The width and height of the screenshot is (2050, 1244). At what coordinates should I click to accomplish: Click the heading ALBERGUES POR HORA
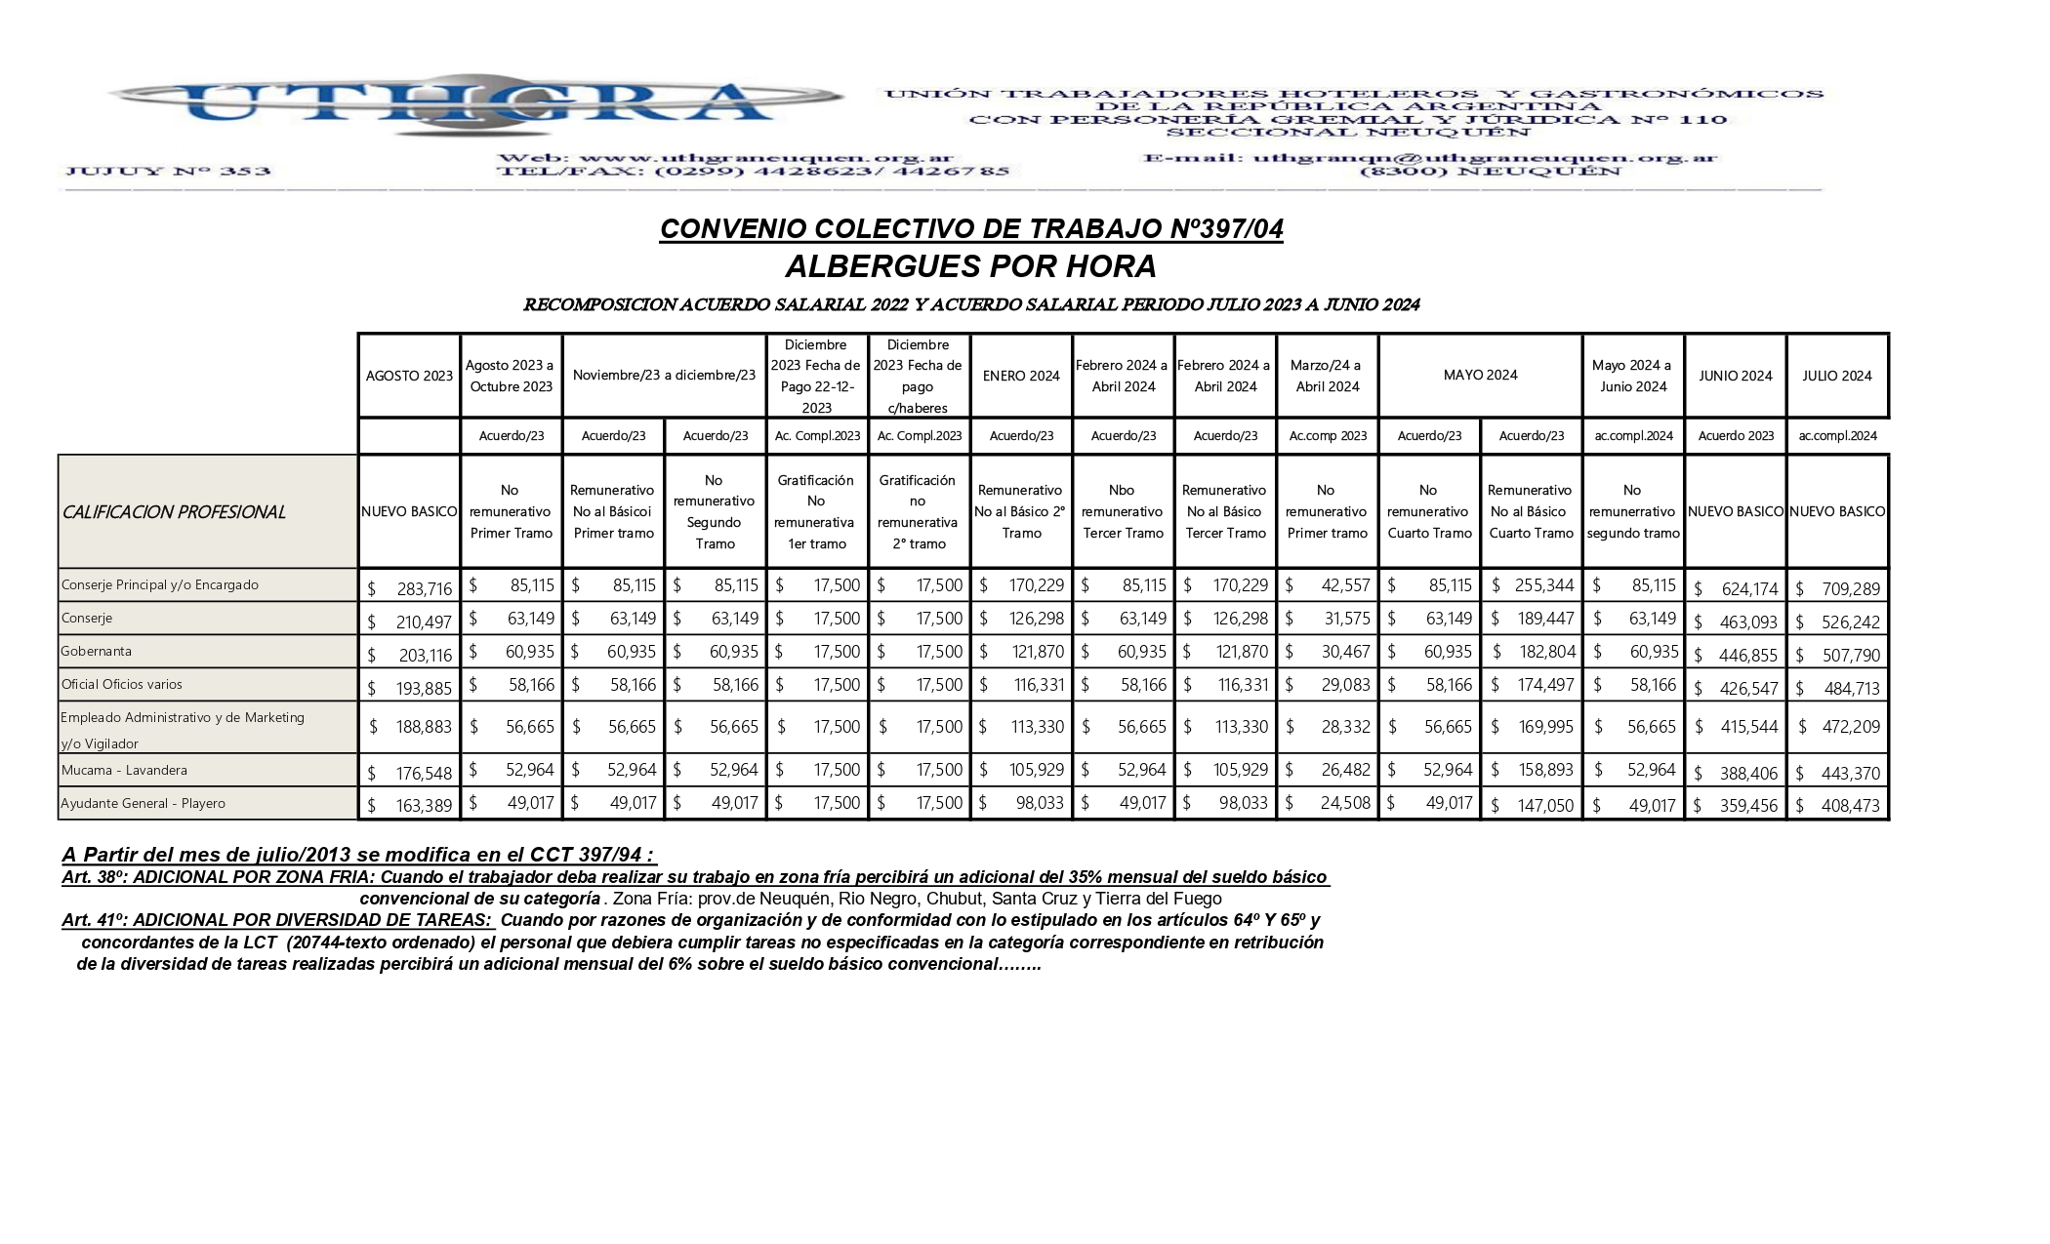pos(970,266)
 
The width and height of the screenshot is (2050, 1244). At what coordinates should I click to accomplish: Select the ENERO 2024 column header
pos(1021,376)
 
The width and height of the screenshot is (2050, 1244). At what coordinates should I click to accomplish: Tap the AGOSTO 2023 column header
pos(409,376)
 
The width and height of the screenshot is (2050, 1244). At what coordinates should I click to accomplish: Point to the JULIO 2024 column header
pos(1837,376)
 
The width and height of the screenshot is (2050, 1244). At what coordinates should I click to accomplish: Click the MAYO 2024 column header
pos(1480,376)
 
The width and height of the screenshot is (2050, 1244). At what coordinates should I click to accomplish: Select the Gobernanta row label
pos(97,652)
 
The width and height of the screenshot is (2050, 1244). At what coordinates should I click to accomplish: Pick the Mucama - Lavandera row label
pos(124,771)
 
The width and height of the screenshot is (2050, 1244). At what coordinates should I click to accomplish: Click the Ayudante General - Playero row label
pos(143,804)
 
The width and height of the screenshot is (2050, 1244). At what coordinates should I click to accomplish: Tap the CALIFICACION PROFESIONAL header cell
pos(174,512)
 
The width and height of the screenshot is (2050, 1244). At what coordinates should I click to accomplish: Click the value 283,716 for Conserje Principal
pos(424,589)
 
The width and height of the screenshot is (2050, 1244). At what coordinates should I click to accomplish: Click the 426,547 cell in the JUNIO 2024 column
pos(1747,689)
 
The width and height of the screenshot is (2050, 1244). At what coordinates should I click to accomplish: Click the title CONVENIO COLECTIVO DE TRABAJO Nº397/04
pos(971,229)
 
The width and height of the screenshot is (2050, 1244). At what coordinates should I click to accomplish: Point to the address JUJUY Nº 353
pos(167,172)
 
